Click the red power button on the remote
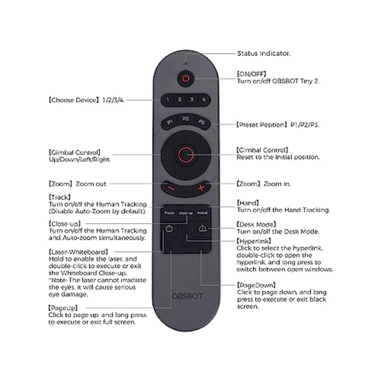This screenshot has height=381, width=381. pyautogui.click(x=186, y=78)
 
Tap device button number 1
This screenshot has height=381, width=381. pyautogui.click(x=167, y=99)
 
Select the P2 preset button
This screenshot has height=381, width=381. pyautogui.click(x=186, y=119)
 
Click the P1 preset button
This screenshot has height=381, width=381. pyautogui.click(x=170, y=122)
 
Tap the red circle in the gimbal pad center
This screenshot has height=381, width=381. pyautogui.click(x=186, y=155)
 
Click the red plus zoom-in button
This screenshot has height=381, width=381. pyautogui.click(x=201, y=188)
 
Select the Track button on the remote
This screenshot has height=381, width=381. pyautogui.click(x=169, y=213)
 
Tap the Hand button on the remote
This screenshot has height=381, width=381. pyautogui.click(x=202, y=213)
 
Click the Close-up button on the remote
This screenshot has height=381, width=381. pyautogui.click(x=186, y=213)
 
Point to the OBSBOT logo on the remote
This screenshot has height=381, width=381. pyautogui.click(x=187, y=296)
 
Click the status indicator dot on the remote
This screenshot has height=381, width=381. pyautogui.click(x=186, y=64)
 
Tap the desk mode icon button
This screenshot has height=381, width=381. pyautogui.click(x=202, y=229)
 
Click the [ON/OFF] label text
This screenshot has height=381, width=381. pyautogui.click(x=251, y=74)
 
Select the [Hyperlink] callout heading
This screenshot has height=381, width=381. pyautogui.click(x=254, y=241)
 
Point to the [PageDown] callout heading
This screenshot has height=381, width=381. pyautogui.click(x=257, y=285)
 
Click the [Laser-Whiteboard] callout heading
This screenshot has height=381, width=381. pyautogui.click(x=78, y=252)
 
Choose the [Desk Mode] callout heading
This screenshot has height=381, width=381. pyautogui.click(x=257, y=224)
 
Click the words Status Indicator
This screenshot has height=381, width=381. pyautogui.click(x=264, y=53)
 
